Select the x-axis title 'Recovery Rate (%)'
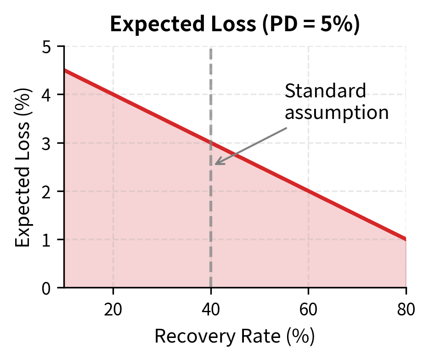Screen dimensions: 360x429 coord(235,336)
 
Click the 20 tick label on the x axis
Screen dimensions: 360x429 coord(113,309)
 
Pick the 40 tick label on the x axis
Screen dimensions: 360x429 coord(211,309)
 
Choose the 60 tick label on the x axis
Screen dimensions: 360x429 coord(308,309)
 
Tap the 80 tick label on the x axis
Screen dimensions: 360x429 coord(406,309)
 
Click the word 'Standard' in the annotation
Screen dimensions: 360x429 coord(325,91)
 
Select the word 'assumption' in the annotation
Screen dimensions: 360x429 coord(337,112)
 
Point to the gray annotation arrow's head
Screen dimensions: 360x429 coord(216,164)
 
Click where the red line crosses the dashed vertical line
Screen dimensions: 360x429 coord(211,143)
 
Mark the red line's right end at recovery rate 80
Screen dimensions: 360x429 coord(406,239)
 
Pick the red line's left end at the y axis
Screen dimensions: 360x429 coord(64,70)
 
